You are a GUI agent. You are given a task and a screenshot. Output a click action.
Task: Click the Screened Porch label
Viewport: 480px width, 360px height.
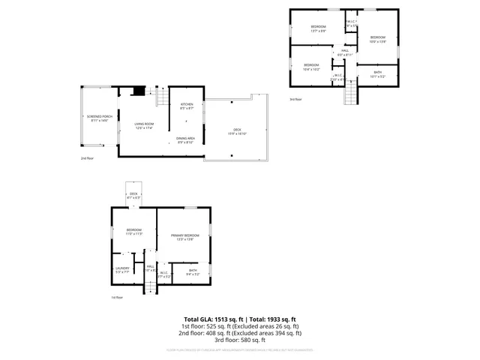(99, 118)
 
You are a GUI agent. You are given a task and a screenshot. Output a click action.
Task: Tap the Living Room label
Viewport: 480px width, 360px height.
(144, 125)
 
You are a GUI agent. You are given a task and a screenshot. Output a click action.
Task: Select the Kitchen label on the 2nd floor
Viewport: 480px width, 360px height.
(187, 106)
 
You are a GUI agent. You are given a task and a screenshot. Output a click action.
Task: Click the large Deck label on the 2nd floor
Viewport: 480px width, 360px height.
(237, 132)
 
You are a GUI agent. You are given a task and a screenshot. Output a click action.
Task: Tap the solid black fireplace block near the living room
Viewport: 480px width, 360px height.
(137, 91)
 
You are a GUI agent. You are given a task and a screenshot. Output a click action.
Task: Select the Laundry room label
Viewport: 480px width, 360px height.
(121, 270)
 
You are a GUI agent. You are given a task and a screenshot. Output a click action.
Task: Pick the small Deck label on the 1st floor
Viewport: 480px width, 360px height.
(133, 195)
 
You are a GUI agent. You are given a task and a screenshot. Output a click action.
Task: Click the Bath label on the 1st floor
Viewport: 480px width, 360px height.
(193, 271)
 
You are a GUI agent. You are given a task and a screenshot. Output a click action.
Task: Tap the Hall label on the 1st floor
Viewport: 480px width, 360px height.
(151, 268)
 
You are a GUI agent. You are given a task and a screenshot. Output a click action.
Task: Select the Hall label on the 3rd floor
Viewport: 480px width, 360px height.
(345, 52)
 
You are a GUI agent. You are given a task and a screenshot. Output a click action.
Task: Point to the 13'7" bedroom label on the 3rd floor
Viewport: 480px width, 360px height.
(318, 29)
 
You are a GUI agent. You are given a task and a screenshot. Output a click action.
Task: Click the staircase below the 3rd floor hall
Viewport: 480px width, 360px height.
(349, 94)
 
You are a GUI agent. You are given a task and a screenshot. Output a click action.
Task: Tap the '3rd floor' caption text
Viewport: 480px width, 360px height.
(295, 99)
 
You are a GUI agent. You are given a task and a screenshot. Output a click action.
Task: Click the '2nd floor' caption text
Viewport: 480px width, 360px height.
(87, 158)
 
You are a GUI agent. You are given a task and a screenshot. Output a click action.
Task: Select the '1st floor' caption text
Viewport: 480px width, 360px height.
(117, 297)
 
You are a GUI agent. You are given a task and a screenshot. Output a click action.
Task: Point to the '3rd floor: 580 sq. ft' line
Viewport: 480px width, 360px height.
(240, 340)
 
